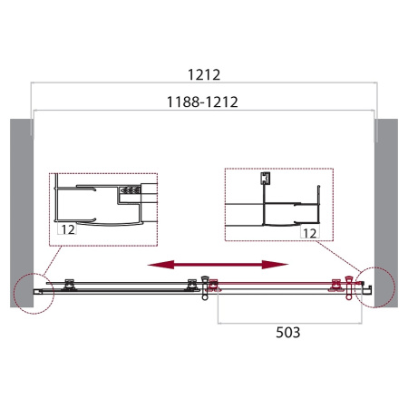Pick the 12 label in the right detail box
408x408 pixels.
307,233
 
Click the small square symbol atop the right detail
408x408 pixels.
265,178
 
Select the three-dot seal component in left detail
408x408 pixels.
130,191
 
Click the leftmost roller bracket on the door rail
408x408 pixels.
69,284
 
